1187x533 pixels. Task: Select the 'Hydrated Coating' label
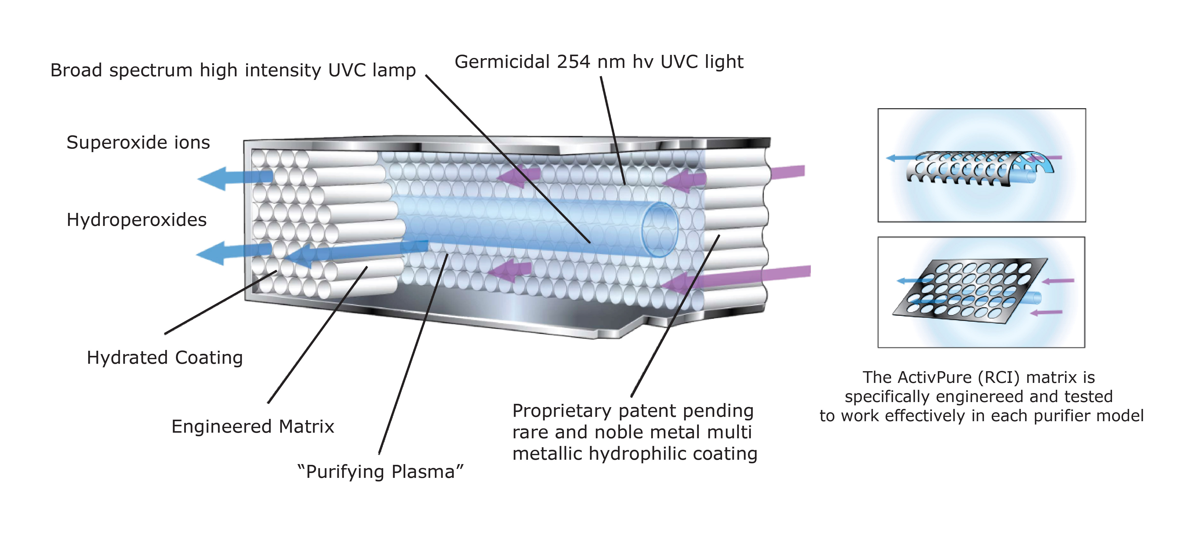[165, 358]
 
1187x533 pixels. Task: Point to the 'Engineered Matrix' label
[252, 427]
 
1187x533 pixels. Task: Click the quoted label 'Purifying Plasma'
[380, 472]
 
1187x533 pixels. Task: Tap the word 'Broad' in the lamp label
[76, 70]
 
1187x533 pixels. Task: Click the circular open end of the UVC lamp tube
[660, 229]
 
